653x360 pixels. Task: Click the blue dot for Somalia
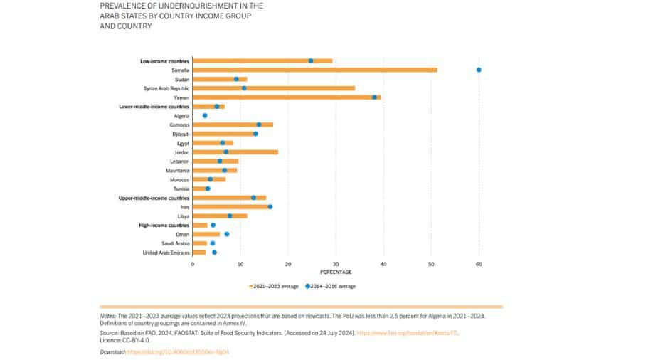(x=479, y=70)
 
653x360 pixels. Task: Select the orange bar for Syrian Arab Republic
(x=274, y=88)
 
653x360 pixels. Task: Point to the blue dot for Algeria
(x=205, y=115)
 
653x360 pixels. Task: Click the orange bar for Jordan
(x=235, y=152)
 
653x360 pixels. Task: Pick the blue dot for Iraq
(x=270, y=207)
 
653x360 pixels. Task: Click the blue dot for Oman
(x=227, y=234)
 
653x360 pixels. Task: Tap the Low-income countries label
(x=164, y=61)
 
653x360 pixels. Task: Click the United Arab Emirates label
(x=166, y=253)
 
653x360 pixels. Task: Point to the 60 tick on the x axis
(x=479, y=264)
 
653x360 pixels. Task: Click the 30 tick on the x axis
(x=336, y=264)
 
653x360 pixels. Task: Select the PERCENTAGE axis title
(x=336, y=272)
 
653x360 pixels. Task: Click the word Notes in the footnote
(x=107, y=315)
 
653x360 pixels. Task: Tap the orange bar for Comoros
(x=233, y=125)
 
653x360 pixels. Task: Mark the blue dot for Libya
(x=230, y=216)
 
